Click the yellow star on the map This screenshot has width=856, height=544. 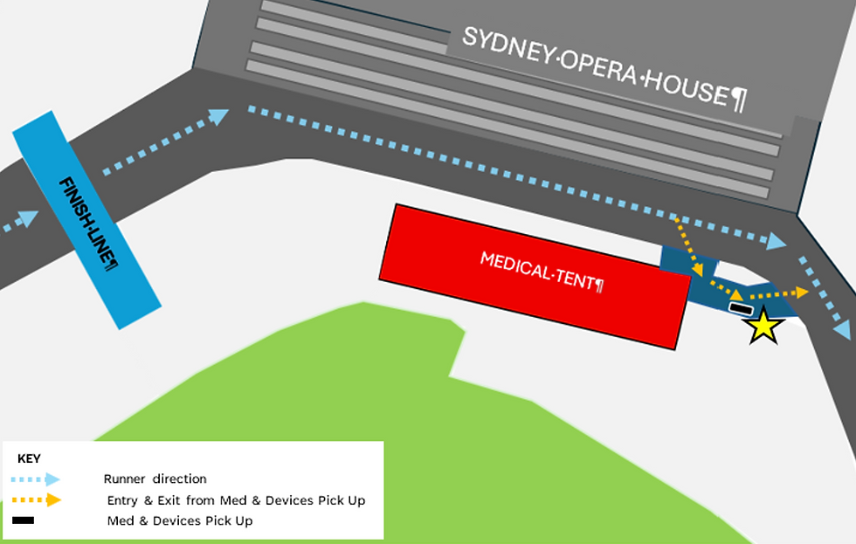764,326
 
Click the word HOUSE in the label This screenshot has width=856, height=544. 687,88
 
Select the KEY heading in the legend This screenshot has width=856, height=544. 29,458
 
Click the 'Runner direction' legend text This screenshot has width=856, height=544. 155,479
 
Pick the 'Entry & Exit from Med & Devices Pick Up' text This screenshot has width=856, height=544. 236,500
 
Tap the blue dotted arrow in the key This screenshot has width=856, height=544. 36,479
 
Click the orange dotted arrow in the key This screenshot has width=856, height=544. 36,500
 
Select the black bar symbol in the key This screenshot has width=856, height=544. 24,521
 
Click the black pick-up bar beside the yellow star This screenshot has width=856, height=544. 741,308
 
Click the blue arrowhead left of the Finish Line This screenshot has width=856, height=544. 30,218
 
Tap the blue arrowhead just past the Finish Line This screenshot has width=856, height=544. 219,115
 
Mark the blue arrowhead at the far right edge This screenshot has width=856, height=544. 842,330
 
